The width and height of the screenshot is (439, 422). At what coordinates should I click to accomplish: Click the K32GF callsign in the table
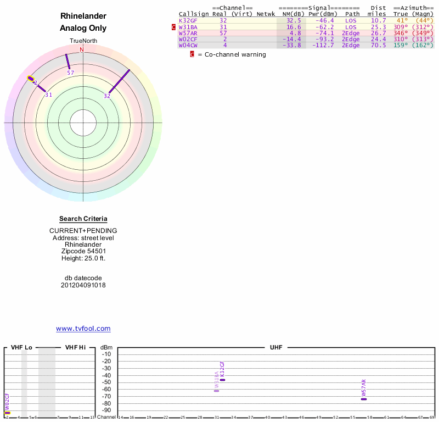188,20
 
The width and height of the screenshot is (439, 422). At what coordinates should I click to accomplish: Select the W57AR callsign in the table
188,33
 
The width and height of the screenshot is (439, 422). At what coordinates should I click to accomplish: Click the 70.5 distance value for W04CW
379,45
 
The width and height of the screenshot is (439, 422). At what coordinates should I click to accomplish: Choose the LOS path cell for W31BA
351,27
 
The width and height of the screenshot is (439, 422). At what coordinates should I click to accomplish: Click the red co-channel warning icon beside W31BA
174,27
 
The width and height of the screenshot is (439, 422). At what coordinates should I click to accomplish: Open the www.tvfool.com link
83,329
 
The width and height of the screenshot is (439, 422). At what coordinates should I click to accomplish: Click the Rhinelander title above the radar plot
83,16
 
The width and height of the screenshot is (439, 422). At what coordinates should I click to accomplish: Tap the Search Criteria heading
83,219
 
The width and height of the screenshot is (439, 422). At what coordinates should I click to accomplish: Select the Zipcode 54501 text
83,251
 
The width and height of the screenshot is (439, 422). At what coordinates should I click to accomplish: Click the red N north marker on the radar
82,49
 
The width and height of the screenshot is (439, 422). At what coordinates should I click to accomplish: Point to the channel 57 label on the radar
70,73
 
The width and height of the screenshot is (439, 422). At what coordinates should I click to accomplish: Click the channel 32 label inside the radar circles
107,96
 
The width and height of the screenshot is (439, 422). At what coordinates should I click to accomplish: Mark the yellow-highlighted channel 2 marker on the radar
31,79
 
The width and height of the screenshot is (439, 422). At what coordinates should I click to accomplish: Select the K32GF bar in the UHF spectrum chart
223,380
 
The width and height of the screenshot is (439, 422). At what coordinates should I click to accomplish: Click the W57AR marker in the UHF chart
364,399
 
